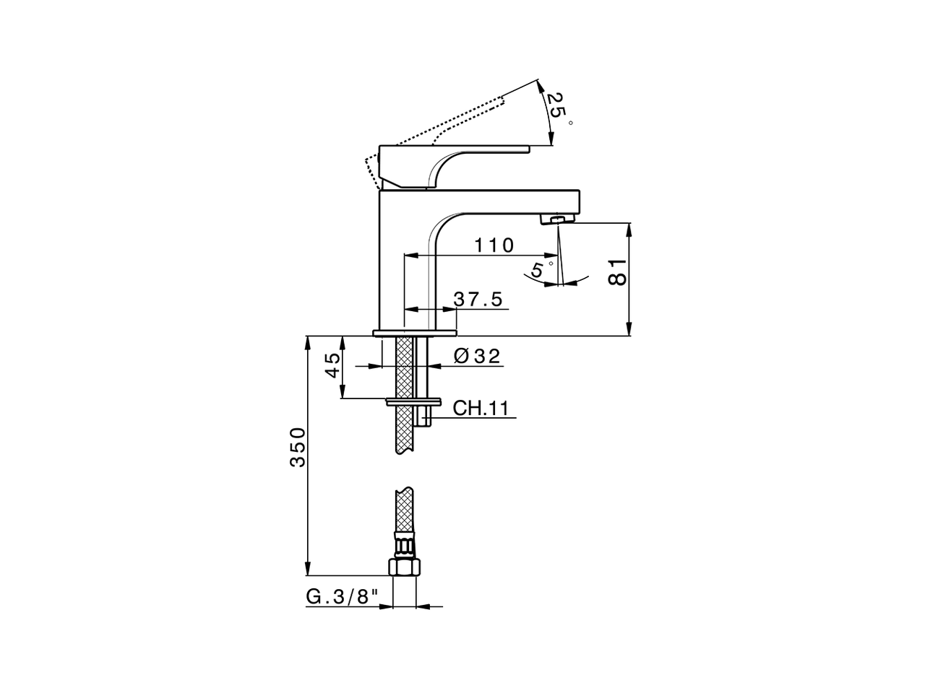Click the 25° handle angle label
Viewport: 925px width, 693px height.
pos(556,106)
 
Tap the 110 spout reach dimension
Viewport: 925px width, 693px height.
pos(494,245)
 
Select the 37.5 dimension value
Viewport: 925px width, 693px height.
pos(478,300)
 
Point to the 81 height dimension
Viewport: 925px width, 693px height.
pos(616,271)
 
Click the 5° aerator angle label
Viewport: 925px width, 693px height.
pos(538,270)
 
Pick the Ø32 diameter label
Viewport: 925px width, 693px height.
pos(477,356)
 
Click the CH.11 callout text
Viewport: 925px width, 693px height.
pos(481,409)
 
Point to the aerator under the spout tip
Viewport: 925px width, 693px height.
pos(559,218)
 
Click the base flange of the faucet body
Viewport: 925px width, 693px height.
pos(415,333)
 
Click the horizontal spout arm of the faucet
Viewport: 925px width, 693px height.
pos(506,201)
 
